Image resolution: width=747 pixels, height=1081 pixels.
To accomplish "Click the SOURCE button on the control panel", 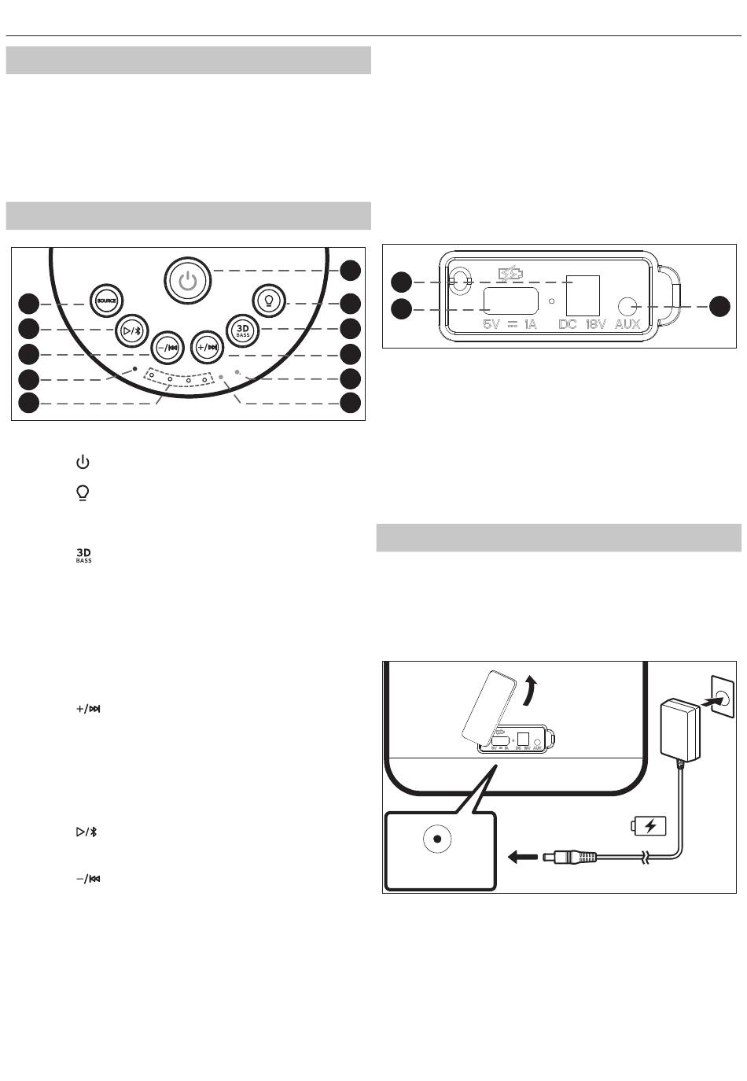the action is [x=107, y=301].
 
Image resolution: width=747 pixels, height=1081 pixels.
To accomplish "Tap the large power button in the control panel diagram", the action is [x=188, y=280].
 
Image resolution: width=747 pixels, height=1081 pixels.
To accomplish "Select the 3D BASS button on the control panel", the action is [x=243, y=330].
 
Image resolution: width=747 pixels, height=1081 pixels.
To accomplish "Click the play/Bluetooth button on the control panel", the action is [x=131, y=331].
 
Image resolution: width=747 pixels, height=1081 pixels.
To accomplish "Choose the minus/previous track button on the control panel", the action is [x=167, y=348].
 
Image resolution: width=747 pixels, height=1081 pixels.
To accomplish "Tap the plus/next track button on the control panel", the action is [x=208, y=347].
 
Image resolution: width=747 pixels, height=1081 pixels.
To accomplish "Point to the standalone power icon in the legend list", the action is [x=83, y=462].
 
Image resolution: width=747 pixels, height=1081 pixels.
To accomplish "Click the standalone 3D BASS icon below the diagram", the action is [x=83, y=555].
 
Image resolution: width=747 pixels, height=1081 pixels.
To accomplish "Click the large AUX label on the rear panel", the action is [x=627, y=324].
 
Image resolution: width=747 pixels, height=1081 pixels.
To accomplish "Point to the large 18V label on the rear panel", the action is [x=595, y=324].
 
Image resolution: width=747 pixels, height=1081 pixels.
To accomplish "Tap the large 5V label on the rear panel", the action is [x=491, y=324].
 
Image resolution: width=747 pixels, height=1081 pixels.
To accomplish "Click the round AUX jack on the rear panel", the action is [x=628, y=307].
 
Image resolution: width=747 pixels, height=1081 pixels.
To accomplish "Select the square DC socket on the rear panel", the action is [x=583, y=295].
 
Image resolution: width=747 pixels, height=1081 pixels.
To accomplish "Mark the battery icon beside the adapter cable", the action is [x=649, y=826].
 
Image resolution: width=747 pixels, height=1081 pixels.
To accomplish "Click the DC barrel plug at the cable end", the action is [x=569, y=857].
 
